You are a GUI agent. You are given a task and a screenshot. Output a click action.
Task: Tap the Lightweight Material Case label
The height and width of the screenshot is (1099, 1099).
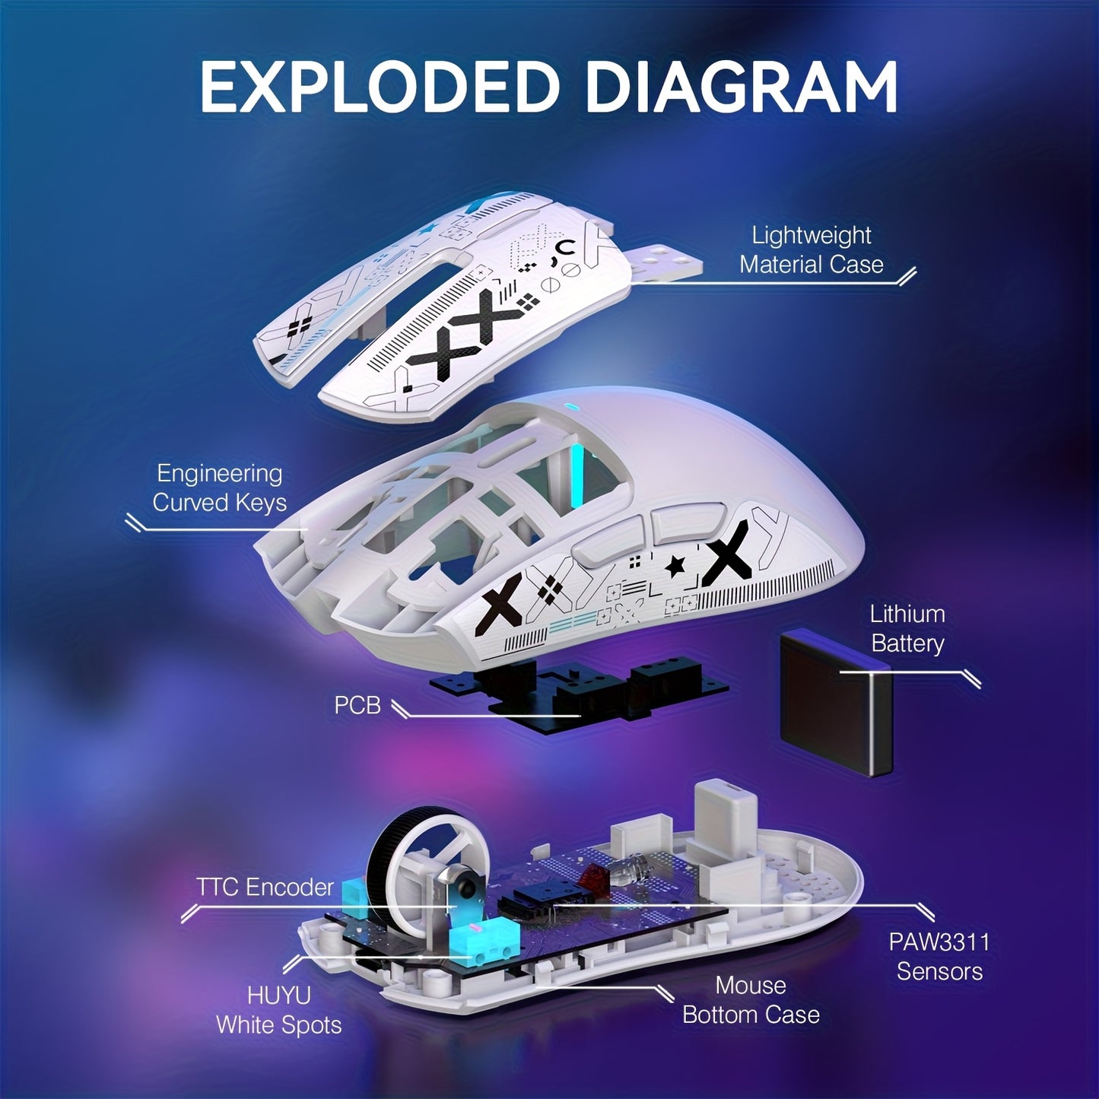(811, 250)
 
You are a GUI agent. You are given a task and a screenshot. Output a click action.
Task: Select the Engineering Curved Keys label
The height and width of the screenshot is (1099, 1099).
(219, 488)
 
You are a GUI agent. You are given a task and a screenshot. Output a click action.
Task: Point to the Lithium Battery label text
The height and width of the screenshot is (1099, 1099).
(907, 628)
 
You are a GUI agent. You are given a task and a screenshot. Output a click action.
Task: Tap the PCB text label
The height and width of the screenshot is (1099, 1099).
(357, 705)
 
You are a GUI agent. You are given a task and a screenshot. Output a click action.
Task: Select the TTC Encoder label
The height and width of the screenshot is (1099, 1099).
(265, 887)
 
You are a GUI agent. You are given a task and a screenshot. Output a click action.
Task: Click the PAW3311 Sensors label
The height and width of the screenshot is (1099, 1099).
(939, 957)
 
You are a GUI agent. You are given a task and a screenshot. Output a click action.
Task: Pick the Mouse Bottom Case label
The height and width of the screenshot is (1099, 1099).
(750, 1000)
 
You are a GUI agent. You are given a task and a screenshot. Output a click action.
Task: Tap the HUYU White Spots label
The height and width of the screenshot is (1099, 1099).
(278, 1010)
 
